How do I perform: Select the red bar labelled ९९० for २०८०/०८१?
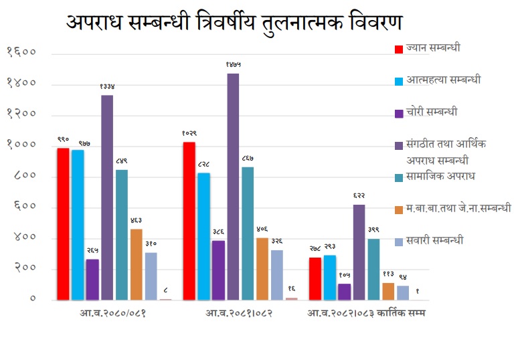pyautogui.click(x=63, y=223)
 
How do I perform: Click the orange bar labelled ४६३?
pyautogui.click(x=137, y=264)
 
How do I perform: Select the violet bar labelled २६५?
pyautogui.click(x=92, y=279)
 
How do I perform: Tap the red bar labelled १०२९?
pyautogui.click(x=189, y=221)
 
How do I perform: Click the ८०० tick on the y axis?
pyautogui.click(x=22, y=177)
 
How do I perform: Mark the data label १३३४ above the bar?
pyautogui.click(x=107, y=86)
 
